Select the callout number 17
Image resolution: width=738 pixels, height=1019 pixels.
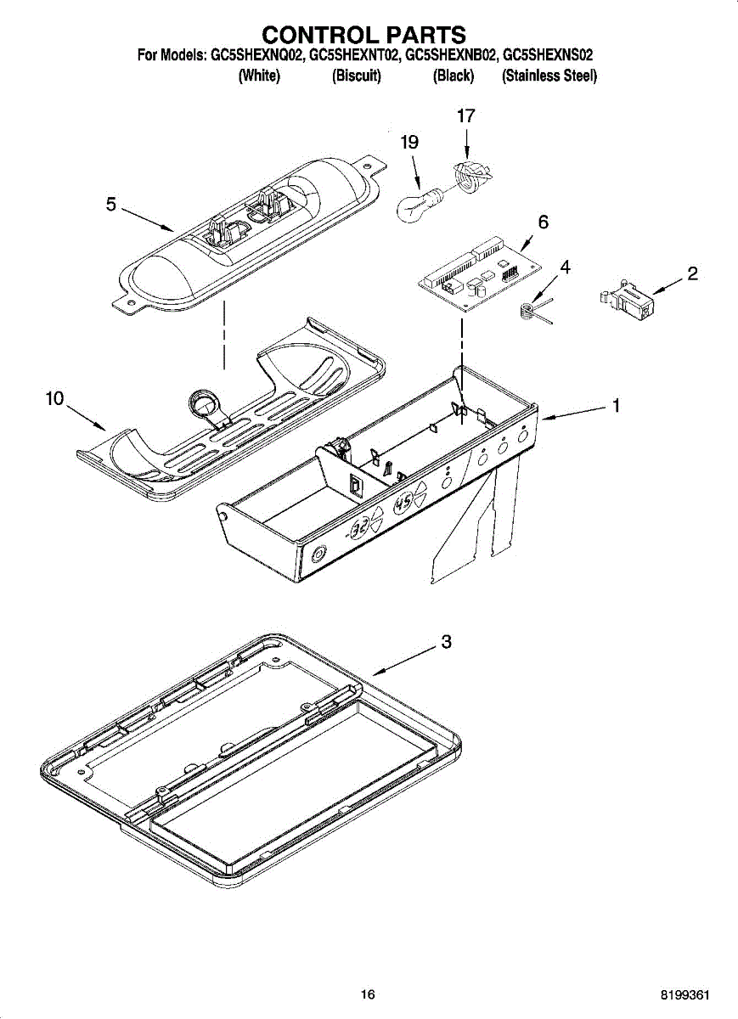pyautogui.click(x=465, y=116)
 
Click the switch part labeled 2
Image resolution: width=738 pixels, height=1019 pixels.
pyautogui.click(x=628, y=302)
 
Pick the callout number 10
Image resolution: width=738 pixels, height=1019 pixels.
pyautogui.click(x=55, y=398)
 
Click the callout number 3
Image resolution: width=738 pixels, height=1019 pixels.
pyautogui.click(x=445, y=642)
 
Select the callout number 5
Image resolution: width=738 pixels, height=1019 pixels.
pyautogui.click(x=110, y=204)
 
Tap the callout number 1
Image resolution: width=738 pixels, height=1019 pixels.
pyautogui.click(x=616, y=406)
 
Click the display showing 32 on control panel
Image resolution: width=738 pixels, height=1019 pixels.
pyautogui.click(x=360, y=527)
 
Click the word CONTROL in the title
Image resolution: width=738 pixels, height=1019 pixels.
pyautogui.click(x=314, y=35)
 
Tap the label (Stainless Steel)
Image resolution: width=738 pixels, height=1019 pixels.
pyautogui.click(x=549, y=76)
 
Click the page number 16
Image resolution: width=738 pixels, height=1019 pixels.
pyautogui.click(x=367, y=994)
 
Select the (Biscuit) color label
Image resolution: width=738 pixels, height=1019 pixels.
pyautogui.click(x=357, y=76)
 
